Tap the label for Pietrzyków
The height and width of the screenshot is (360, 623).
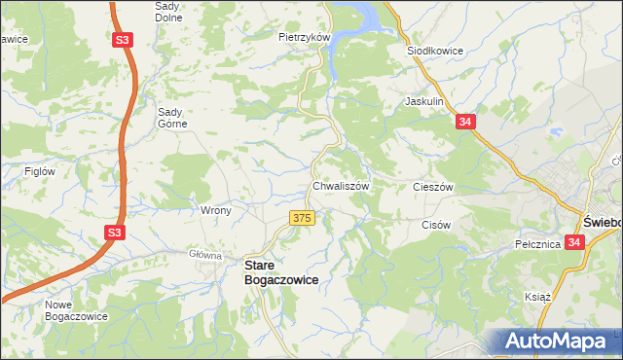(x=306, y=37)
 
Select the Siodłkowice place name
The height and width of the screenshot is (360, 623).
(x=433, y=51)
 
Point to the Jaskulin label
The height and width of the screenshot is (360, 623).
(x=424, y=101)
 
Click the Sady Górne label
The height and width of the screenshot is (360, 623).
(x=177, y=118)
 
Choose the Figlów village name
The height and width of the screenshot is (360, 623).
(x=40, y=171)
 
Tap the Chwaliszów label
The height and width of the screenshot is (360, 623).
(x=340, y=185)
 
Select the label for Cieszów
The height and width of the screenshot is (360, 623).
(x=433, y=186)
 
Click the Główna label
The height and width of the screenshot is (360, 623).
(x=205, y=255)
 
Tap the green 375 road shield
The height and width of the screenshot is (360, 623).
(x=301, y=219)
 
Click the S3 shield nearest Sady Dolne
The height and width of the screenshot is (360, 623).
(x=122, y=41)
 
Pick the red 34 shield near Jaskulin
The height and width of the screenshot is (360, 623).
(x=465, y=122)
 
